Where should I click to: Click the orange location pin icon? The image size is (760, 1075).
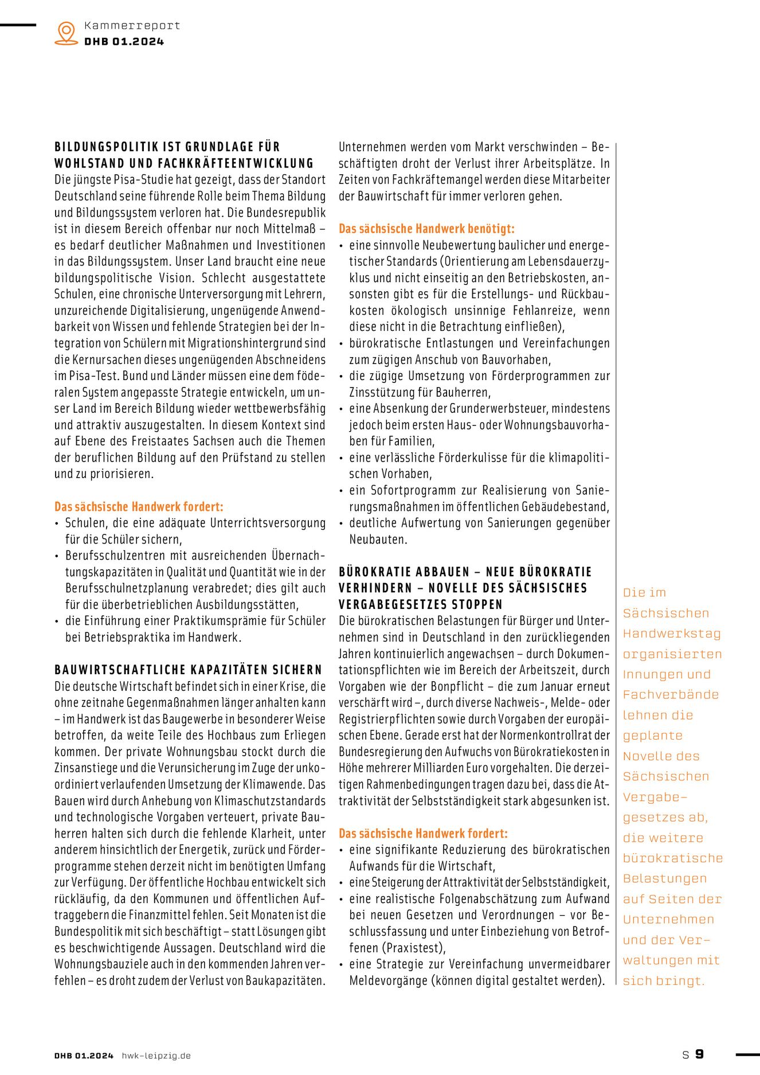tap(66, 33)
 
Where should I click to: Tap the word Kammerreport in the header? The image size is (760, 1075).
tap(132, 25)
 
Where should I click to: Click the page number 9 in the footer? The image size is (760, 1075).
tap(699, 1054)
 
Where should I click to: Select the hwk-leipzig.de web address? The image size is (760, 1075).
tap(156, 1056)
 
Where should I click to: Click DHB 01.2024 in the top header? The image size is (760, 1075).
tap(124, 41)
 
